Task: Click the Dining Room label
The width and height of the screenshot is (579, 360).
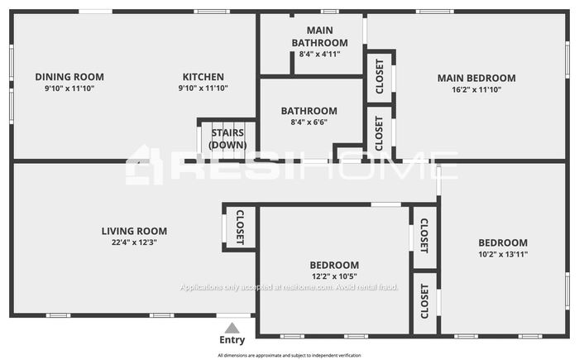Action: [x=69, y=77]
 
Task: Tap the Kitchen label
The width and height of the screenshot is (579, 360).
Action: [x=203, y=77]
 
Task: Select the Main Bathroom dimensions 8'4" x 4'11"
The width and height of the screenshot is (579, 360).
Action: [x=319, y=54]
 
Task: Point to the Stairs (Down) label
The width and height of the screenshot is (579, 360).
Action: [x=227, y=139]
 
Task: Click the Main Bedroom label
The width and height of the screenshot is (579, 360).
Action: [x=476, y=78]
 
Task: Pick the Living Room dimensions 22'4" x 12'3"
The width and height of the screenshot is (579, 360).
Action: [x=134, y=242]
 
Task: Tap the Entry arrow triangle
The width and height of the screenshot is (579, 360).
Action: [x=232, y=328]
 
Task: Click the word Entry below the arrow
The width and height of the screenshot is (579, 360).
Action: [x=232, y=340]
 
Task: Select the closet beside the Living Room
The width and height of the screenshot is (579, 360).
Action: [x=240, y=228]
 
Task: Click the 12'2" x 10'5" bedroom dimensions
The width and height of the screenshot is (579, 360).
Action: [x=334, y=276]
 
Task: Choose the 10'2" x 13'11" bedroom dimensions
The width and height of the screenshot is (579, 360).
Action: [x=503, y=254]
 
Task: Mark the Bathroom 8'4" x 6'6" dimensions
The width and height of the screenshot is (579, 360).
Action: [x=309, y=122]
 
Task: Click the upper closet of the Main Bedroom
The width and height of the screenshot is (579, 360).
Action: [x=379, y=76]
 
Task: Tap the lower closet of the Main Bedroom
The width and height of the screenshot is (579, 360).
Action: [x=379, y=133]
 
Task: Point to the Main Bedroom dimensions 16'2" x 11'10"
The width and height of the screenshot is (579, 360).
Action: [x=476, y=89]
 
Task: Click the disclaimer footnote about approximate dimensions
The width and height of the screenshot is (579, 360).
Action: [x=289, y=356]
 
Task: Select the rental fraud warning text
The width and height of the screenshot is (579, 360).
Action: [x=289, y=287]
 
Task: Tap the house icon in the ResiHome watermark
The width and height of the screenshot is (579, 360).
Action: [x=144, y=165]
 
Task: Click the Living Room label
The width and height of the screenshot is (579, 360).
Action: [x=134, y=231]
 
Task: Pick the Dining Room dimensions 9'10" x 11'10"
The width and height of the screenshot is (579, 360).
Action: [x=69, y=89]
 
